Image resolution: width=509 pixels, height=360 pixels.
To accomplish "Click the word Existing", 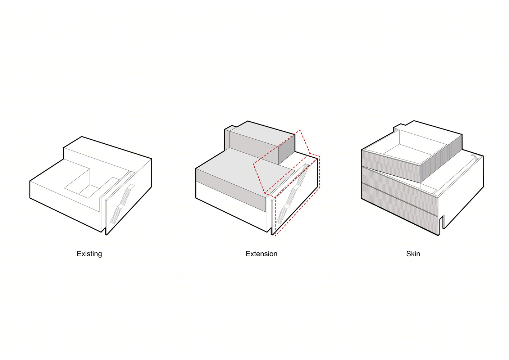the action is pyautogui.click(x=89, y=254).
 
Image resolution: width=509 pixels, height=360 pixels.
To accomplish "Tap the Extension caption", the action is pyautogui.click(x=261, y=254).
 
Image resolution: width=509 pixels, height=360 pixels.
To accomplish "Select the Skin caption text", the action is pyautogui.click(x=413, y=254).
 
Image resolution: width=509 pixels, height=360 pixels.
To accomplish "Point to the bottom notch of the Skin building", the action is pyautogui.click(x=442, y=222).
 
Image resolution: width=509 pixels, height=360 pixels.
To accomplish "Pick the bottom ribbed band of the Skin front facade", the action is pyautogui.click(x=400, y=209).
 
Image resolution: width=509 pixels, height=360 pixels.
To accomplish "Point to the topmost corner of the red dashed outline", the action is pyautogui.click(x=300, y=130).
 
